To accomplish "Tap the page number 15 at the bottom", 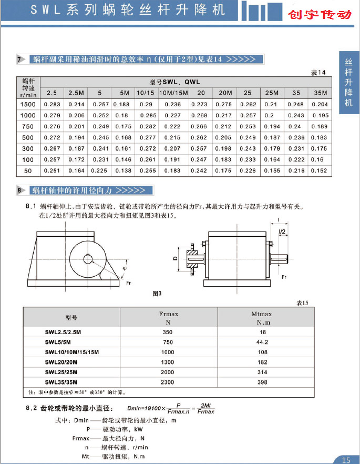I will tap(345, 459).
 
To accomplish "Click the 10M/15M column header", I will tap(173, 93).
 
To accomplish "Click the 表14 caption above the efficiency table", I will tap(319, 72).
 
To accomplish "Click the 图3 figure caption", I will tap(156, 293).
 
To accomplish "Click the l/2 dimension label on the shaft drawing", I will tap(282, 231).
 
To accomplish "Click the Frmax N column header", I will tap(169, 317).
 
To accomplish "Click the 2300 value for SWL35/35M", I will tap(168, 382).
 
